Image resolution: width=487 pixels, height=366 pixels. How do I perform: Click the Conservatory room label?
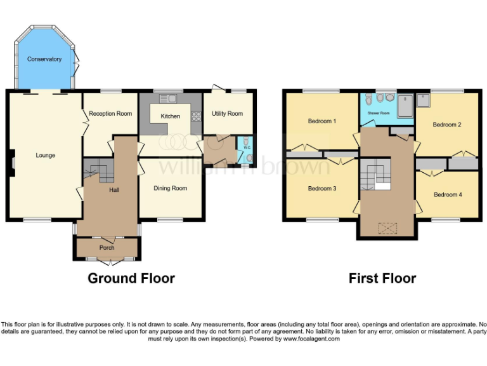(x=44, y=59)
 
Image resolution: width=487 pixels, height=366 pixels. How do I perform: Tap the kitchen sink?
(x=169, y=98)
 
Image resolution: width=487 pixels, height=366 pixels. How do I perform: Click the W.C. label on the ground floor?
(x=247, y=147)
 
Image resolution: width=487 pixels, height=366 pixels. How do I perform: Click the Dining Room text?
(x=171, y=188)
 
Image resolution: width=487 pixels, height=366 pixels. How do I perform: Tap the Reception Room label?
(x=110, y=114)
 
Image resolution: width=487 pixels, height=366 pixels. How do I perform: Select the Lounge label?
(x=45, y=155)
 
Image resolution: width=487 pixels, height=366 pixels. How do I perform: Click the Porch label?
(x=107, y=247)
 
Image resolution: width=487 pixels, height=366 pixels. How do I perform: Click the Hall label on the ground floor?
(x=114, y=189)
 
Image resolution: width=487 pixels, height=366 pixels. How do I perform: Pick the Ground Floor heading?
(x=131, y=278)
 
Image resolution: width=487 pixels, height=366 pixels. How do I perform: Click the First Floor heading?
(x=382, y=278)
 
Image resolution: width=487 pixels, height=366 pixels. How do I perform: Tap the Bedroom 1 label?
(x=321, y=121)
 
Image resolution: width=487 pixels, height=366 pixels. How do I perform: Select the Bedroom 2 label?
(x=446, y=125)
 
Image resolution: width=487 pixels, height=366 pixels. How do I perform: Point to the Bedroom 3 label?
(x=321, y=189)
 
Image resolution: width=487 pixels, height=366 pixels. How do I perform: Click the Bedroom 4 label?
(x=448, y=194)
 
